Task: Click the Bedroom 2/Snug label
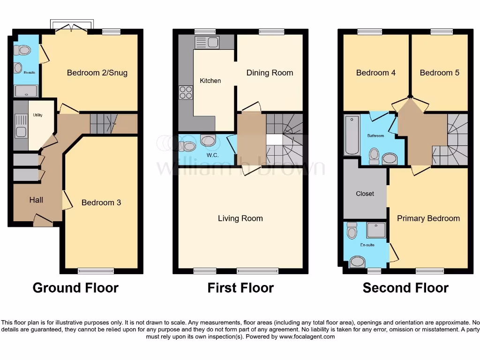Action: [97, 73]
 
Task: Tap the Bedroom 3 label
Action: [101, 202]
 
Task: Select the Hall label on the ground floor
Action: [36, 200]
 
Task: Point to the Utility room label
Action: [37, 115]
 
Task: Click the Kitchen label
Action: [210, 81]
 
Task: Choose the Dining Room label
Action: [270, 73]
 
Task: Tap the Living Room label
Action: [240, 218]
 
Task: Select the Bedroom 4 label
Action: [375, 73]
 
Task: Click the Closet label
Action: [365, 194]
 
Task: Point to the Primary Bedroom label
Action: [428, 218]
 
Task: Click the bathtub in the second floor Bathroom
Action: [351, 136]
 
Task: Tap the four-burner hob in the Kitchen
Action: [186, 92]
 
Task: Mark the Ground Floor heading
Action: [75, 287]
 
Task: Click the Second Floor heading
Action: [405, 287]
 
